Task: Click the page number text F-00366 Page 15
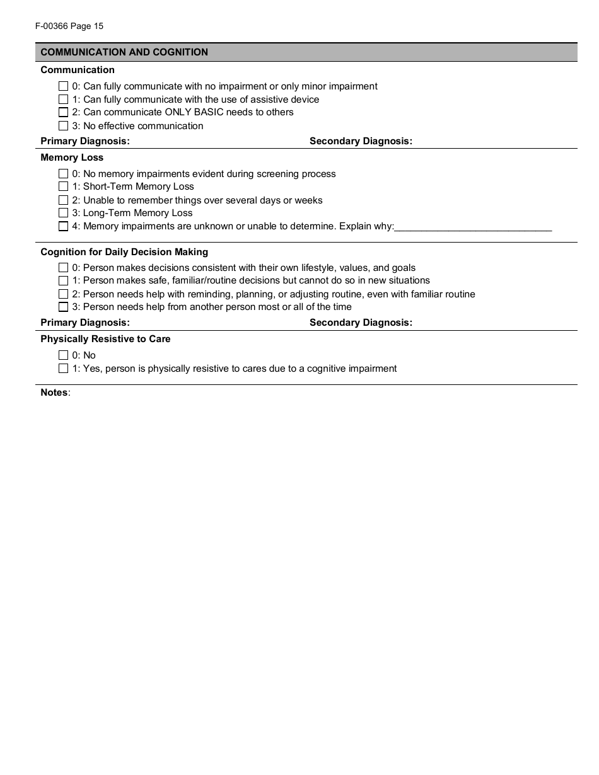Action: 66,26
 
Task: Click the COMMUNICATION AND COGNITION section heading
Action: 124,52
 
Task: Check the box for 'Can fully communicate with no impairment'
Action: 63,86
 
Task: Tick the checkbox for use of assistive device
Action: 63,100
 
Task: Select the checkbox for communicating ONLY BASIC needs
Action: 63,112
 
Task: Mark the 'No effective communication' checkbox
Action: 63,126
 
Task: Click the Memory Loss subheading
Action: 72,158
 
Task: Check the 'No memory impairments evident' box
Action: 63,174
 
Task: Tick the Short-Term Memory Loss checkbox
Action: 63,187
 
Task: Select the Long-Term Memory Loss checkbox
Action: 63,213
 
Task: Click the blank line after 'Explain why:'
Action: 473,227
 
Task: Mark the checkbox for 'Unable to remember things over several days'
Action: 63,200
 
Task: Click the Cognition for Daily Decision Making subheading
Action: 124,252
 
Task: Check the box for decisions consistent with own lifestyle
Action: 63,268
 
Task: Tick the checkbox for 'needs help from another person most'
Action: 63,307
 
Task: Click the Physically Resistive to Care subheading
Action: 105,339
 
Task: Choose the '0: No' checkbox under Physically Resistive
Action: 63,355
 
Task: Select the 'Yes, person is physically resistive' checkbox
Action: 63,369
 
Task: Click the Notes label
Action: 54,393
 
